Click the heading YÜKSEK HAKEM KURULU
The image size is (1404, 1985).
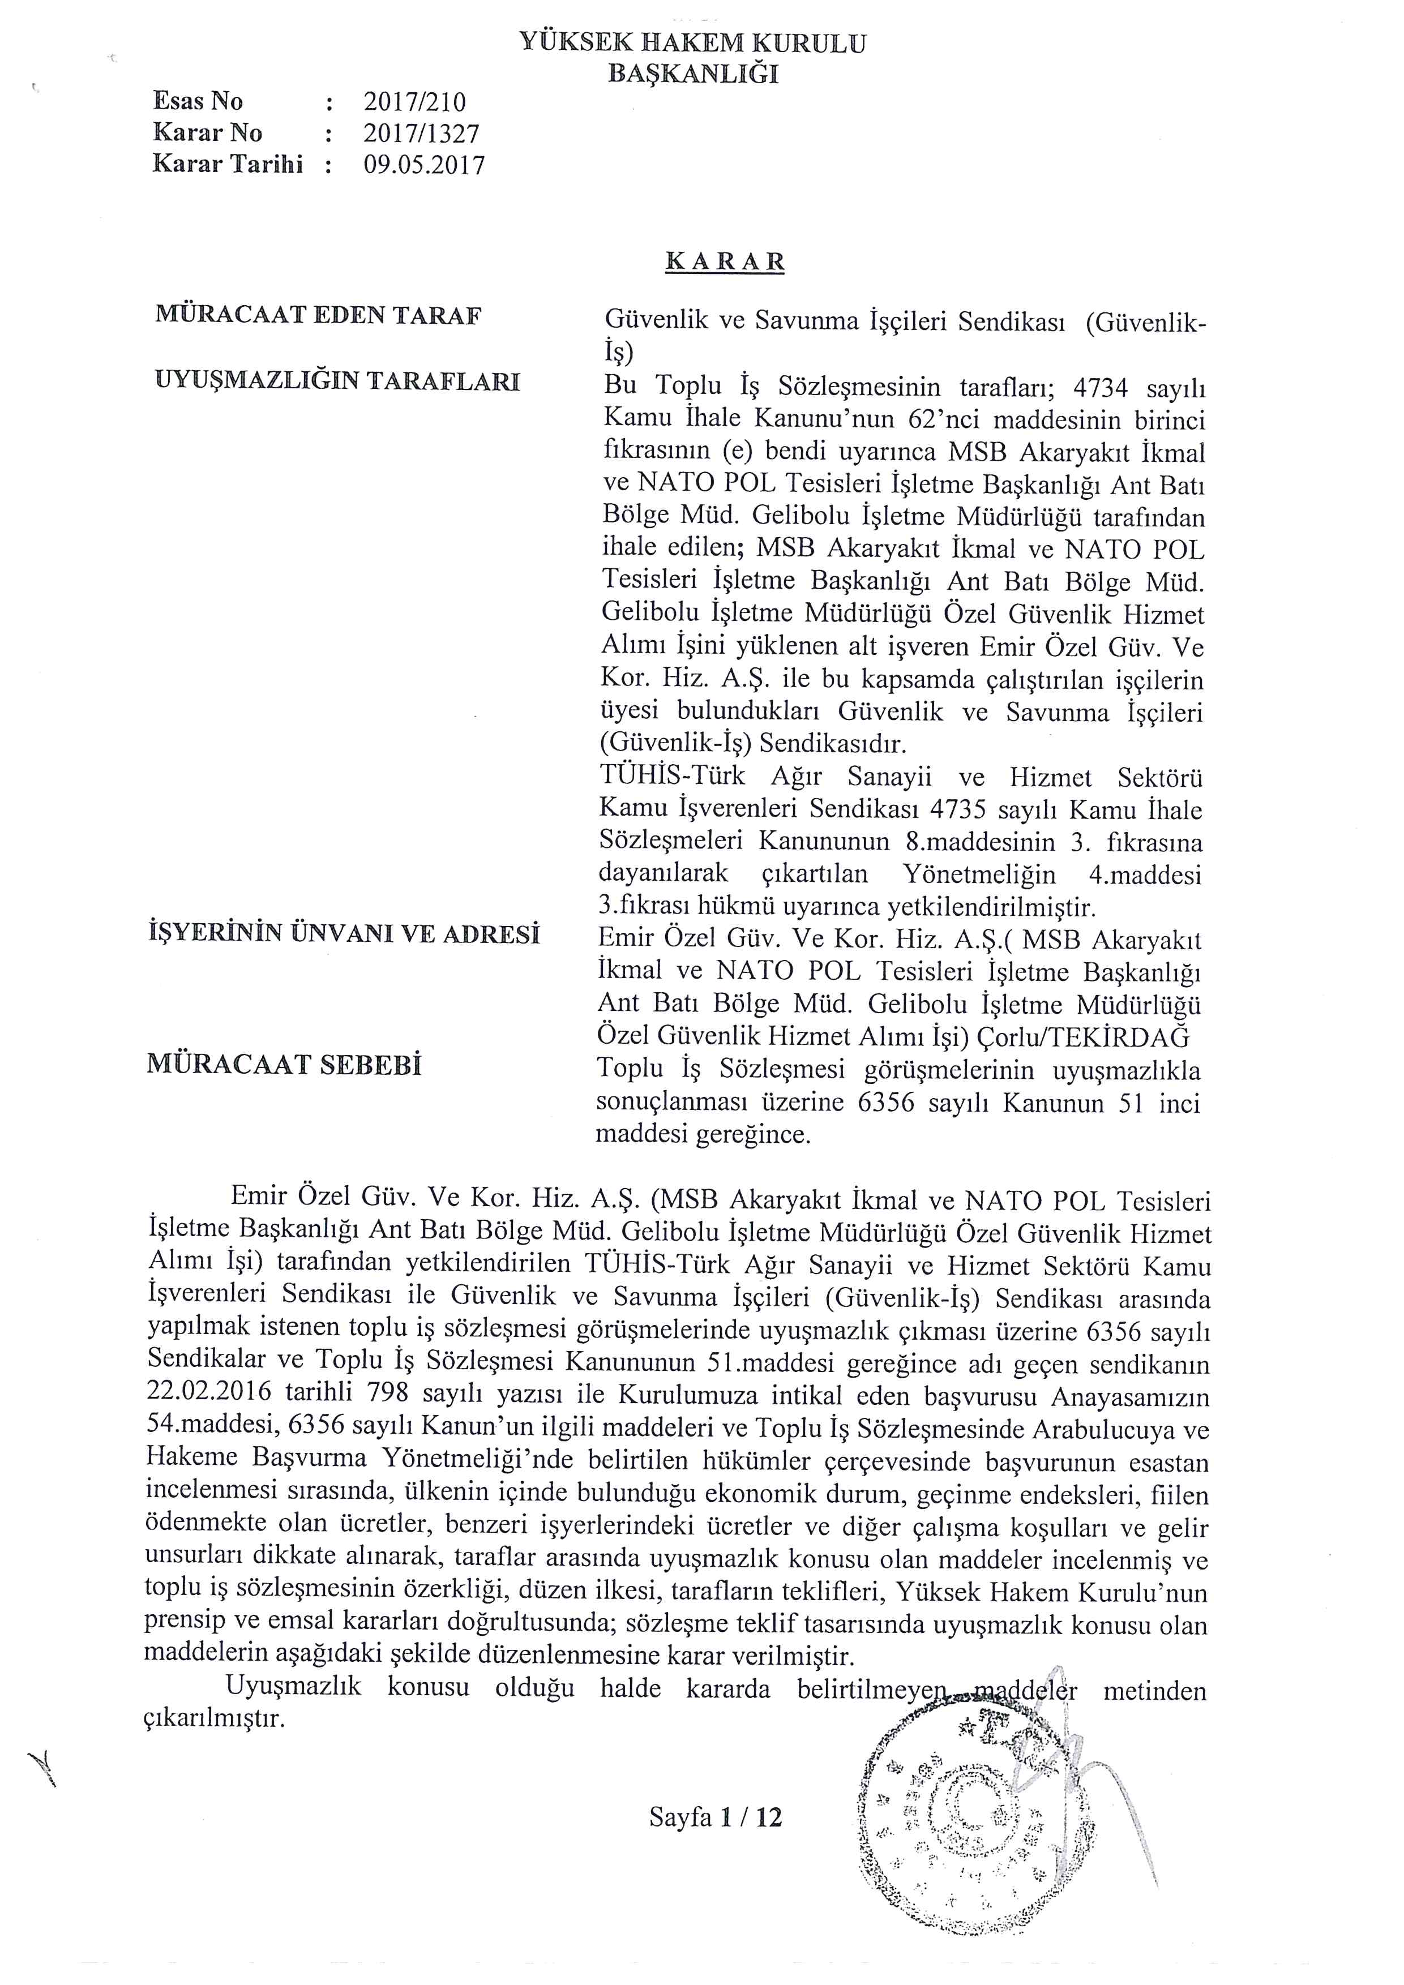pos(692,42)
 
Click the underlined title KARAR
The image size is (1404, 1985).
pos(725,262)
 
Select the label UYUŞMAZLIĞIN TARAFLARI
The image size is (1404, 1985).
pos(337,381)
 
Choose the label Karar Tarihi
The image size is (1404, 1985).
pos(228,164)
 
